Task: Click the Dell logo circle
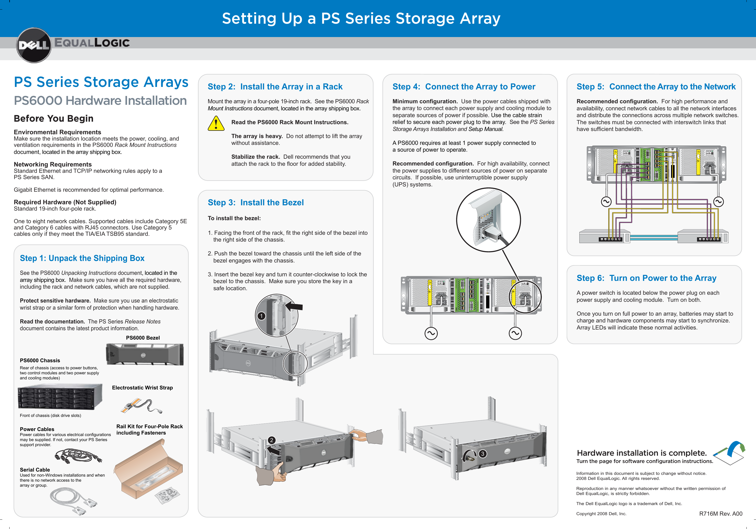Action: [34, 45]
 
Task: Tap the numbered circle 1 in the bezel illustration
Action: [261, 316]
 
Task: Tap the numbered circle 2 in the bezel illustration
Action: [271, 440]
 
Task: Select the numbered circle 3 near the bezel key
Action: [482, 454]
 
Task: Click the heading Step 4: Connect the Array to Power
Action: [464, 87]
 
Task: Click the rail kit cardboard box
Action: [148, 469]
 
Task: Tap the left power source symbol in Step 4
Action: [431, 333]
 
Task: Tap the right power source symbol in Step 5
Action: [718, 202]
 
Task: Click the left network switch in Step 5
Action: [604, 236]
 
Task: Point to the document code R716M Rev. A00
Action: [720, 514]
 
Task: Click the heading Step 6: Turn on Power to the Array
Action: [646, 278]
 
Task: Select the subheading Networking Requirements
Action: [53, 164]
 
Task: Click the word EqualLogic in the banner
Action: [92, 43]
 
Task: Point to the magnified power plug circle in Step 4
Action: [488, 220]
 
